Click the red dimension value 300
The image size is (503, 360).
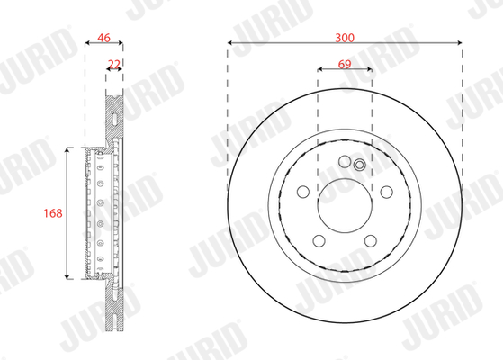[345, 38]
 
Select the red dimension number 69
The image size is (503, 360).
[345, 64]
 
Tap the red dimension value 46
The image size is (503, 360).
[104, 38]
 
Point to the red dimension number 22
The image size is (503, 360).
[114, 65]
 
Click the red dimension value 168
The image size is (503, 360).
[53, 213]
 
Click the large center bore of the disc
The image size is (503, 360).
[345, 206]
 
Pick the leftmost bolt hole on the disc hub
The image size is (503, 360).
[303, 192]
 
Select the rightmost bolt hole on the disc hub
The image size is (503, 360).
[387, 192]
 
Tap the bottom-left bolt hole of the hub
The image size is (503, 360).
[319, 240]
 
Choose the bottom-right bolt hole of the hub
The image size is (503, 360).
[371, 240]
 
